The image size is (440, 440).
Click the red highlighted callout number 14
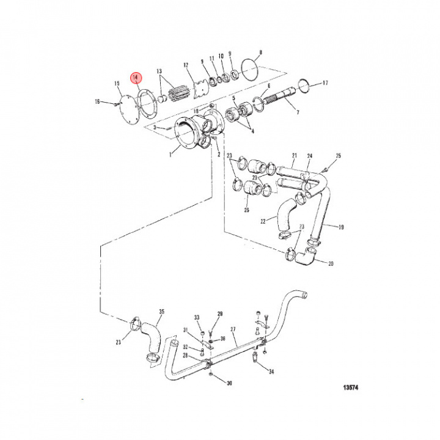click(x=136, y=78)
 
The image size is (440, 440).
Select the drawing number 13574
click(x=350, y=387)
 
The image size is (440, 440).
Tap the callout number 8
click(x=261, y=53)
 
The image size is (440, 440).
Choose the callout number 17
click(x=326, y=82)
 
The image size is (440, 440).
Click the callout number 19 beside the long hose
click(x=341, y=227)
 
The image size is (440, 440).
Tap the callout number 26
click(x=247, y=210)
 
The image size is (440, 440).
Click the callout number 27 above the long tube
click(x=233, y=329)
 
